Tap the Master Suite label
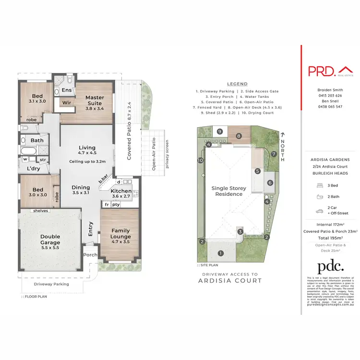point(95,101)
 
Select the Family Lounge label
point(120,233)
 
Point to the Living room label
point(87,151)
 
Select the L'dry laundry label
point(33,169)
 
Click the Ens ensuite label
point(67,90)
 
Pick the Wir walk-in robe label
point(66,103)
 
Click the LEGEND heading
point(237,84)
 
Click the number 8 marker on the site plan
point(239,136)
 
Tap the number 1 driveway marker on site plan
point(221,253)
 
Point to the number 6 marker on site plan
point(270,182)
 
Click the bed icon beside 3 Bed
point(319,185)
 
